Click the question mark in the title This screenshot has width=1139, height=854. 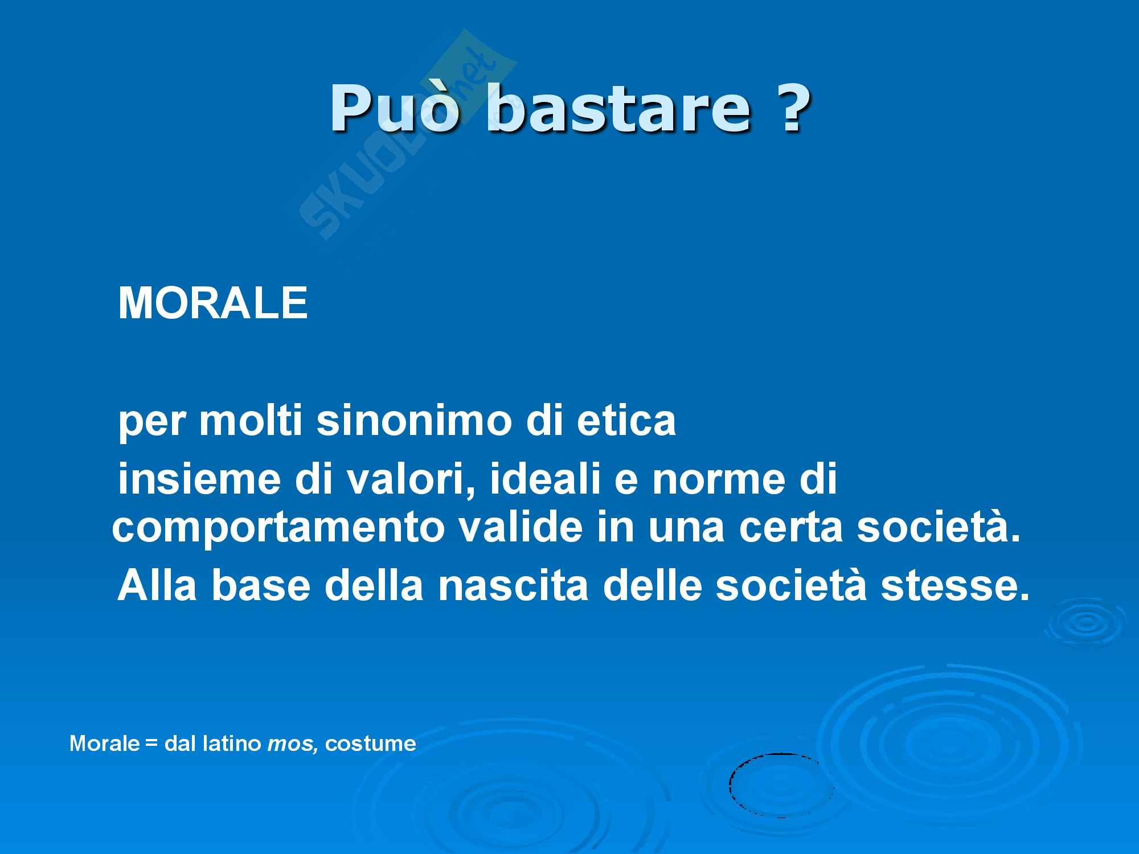tap(791, 106)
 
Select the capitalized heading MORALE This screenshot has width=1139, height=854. tap(213, 303)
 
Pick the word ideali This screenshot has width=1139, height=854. tap(538, 479)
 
